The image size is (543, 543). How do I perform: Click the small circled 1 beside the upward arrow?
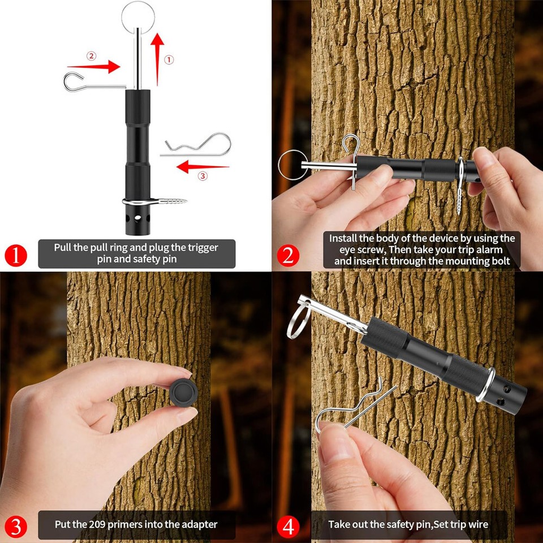click(x=169, y=59)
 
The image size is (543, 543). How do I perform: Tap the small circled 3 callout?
click(x=203, y=176)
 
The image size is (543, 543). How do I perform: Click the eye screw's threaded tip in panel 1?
click(x=166, y=201)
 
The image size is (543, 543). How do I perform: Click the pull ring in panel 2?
click(x=291, y=165)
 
